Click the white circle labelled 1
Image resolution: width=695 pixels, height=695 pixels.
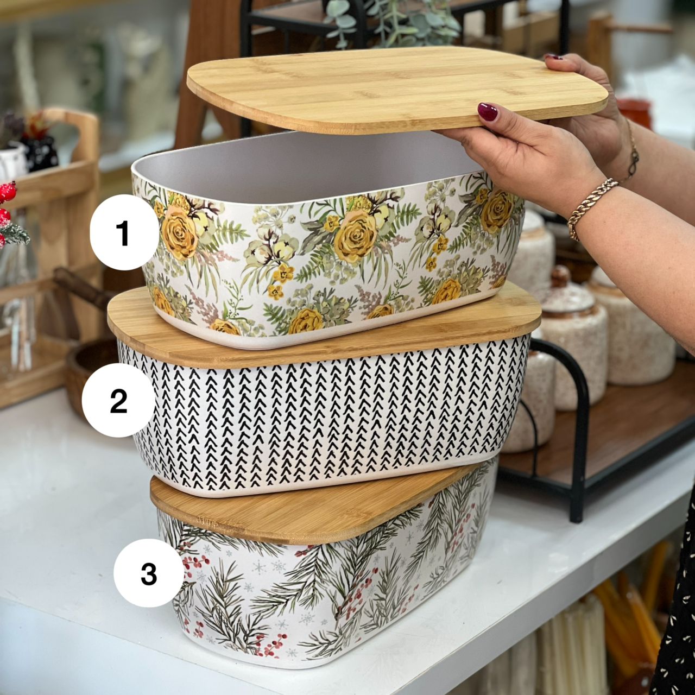(x=124, y=232)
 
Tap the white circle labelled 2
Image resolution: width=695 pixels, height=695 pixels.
(x=118, y=400)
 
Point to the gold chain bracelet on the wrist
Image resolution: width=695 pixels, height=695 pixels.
(x=591, y=209)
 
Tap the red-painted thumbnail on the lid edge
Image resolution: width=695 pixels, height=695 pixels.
(x=488, y=112)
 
